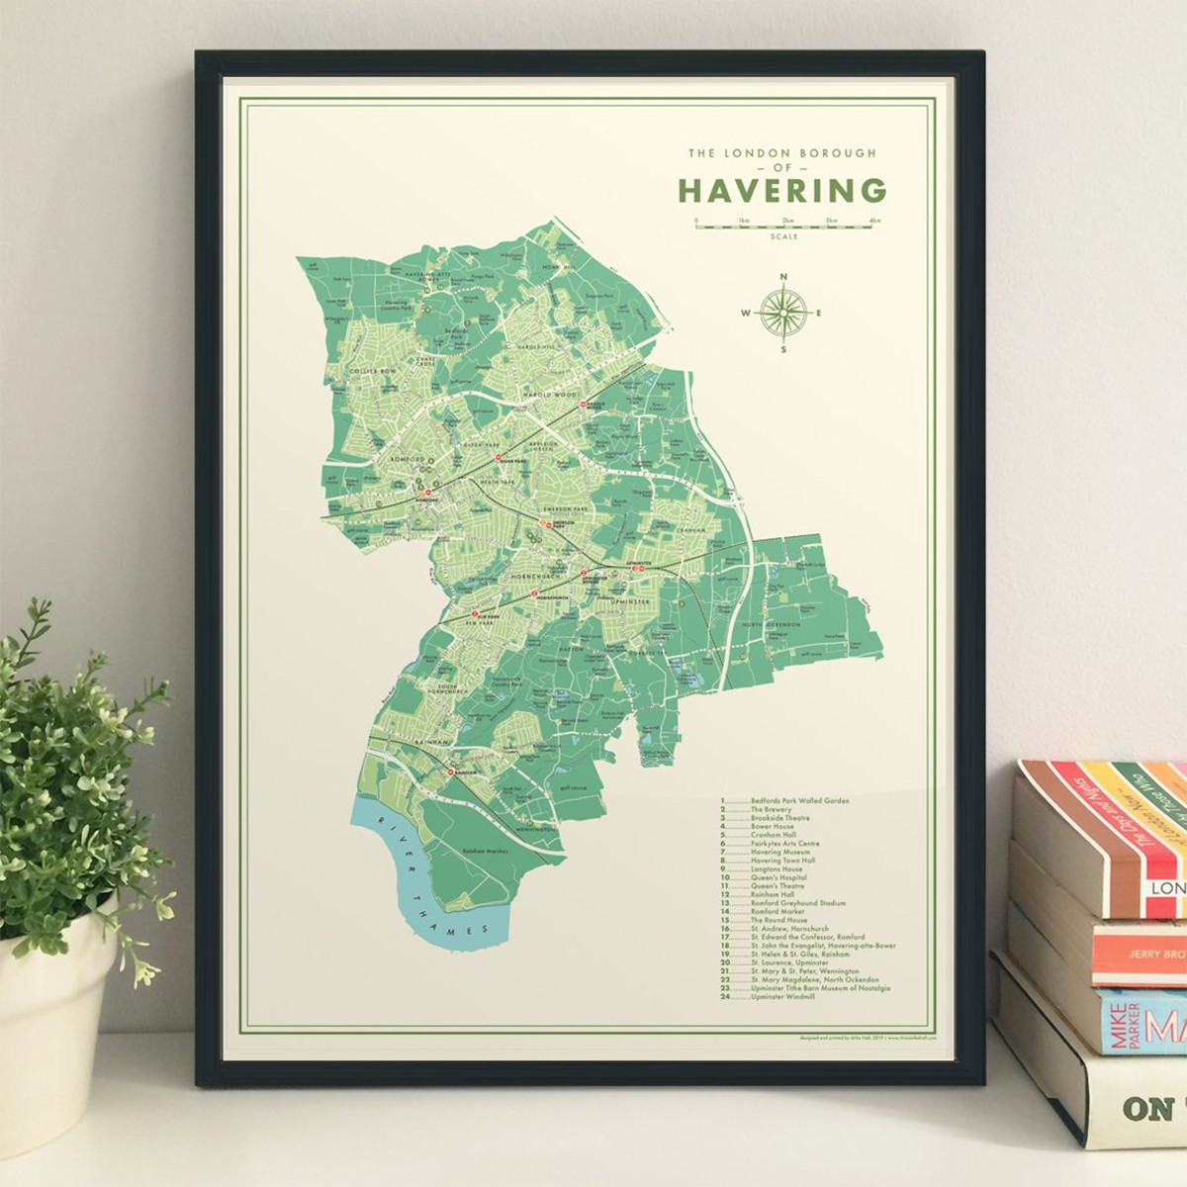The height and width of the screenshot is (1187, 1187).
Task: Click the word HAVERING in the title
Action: (781, 189)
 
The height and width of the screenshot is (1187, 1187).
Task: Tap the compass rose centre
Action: (783, 314)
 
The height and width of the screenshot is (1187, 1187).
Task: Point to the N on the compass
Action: (783, 278)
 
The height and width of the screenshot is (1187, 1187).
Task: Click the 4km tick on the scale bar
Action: (873, 221)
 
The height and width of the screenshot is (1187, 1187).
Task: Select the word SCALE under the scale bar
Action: (783, 237)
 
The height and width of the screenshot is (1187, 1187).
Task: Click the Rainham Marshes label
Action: (486, 852)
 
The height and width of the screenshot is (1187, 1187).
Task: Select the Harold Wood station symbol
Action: (583, 405)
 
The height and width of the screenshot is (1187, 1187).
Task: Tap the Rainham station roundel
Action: (450, 772)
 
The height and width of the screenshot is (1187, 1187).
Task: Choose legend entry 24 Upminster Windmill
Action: (781, 997)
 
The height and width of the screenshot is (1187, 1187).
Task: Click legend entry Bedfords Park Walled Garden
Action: (798, 800)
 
